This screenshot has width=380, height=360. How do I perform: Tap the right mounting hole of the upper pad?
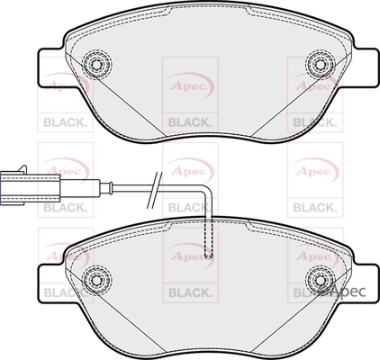[x=317, y=64]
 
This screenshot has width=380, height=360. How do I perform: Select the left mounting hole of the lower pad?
[x=93, y=278]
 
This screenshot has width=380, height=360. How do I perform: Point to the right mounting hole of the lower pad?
[x=317, y=278]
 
